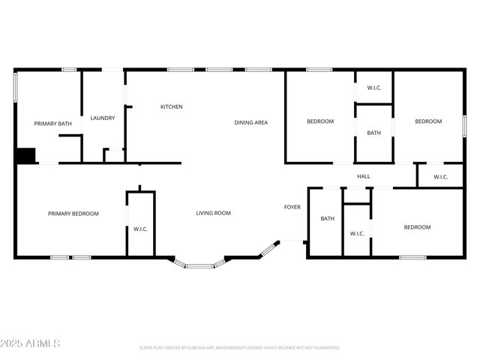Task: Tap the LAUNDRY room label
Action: (103, 118)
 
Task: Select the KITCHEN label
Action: (172, 106)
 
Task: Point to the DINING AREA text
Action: (250, 122)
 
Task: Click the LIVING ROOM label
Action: (213, 213)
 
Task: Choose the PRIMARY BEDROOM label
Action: (73, 214)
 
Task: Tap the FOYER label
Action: (292, 207)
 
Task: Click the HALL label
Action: (364, 176)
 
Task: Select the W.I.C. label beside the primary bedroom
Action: (141, 229)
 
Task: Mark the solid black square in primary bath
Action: (25, 155)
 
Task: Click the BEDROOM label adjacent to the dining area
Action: (320, 121)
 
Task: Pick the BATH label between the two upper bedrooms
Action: (373, 133)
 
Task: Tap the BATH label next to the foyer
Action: (328, 219)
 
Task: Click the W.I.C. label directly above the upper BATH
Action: (374, 88)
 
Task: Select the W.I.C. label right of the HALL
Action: (440, 177)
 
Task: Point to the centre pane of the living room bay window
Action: (199, 266)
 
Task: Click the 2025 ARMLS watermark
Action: (31, 343)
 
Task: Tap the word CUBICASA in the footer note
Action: (193, 348)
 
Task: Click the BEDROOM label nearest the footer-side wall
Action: (417, 227)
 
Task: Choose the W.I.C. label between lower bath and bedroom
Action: (357, 233)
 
